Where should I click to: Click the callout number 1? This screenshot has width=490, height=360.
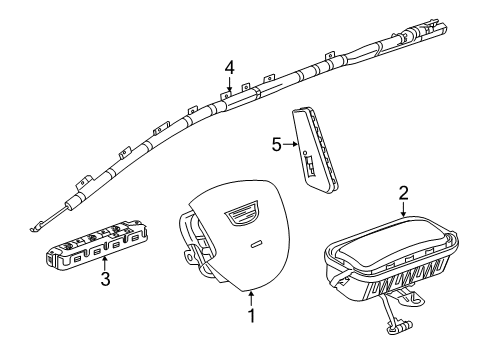(252, 316)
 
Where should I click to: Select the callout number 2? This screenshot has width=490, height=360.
(404, 194)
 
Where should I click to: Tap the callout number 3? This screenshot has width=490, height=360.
(105, 279)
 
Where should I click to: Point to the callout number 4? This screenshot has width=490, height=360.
(229, 69)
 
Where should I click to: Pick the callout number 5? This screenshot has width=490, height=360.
(277, 145)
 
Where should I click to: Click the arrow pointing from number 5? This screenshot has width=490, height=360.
(290, 144)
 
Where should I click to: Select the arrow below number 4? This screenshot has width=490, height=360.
(229, 84)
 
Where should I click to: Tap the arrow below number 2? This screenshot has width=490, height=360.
(404, 209)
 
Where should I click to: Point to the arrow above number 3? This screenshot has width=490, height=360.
(105, 263)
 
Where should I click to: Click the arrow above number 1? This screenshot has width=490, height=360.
(252, 299)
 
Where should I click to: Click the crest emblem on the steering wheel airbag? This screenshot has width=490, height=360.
(241, 212)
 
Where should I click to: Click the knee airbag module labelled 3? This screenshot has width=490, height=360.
(97, 244)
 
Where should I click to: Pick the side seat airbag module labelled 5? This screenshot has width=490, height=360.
(315, 151)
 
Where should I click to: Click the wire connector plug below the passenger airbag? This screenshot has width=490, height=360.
(400, 327)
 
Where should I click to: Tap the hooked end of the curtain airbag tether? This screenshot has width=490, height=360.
(33, 228)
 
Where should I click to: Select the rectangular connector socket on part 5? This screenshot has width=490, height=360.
(310, 166)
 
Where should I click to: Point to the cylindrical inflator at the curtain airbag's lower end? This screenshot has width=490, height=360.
(74, 202)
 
